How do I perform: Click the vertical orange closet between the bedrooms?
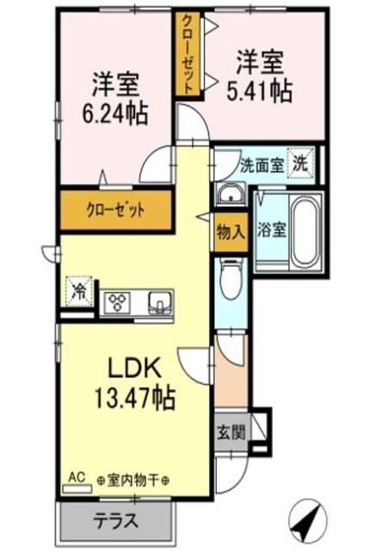[x=186, y=54]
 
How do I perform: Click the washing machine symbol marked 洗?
[x=301, y=162]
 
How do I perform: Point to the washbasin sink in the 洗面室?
[x=230, y=196]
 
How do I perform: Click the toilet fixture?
[x=230, y=281]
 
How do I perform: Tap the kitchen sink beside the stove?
[x=160, y=302]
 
